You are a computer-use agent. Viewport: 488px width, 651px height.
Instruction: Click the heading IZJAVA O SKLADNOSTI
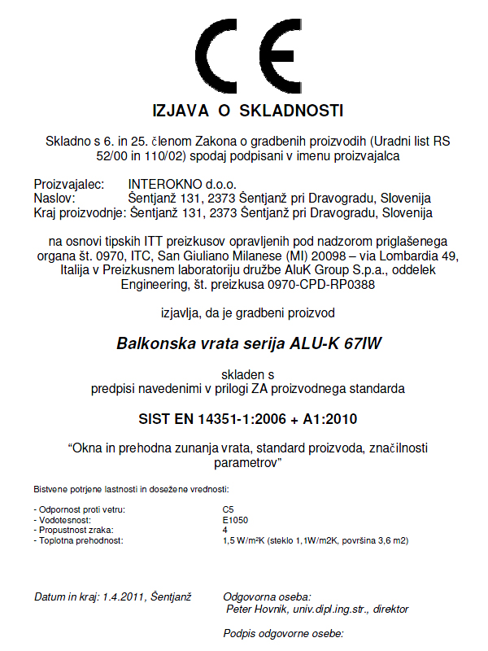pos(248,110)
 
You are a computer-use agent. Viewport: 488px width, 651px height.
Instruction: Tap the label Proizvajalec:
pos(69,185)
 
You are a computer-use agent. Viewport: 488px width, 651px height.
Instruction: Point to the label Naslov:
pos(54,199)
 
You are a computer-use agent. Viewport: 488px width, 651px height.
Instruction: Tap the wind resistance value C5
pos(228,509)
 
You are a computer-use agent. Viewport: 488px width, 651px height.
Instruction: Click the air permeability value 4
pos(224,529)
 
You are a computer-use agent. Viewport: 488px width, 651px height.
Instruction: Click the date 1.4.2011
pos(124,597)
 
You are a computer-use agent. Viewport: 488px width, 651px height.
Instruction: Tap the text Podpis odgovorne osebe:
pos(284,633)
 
